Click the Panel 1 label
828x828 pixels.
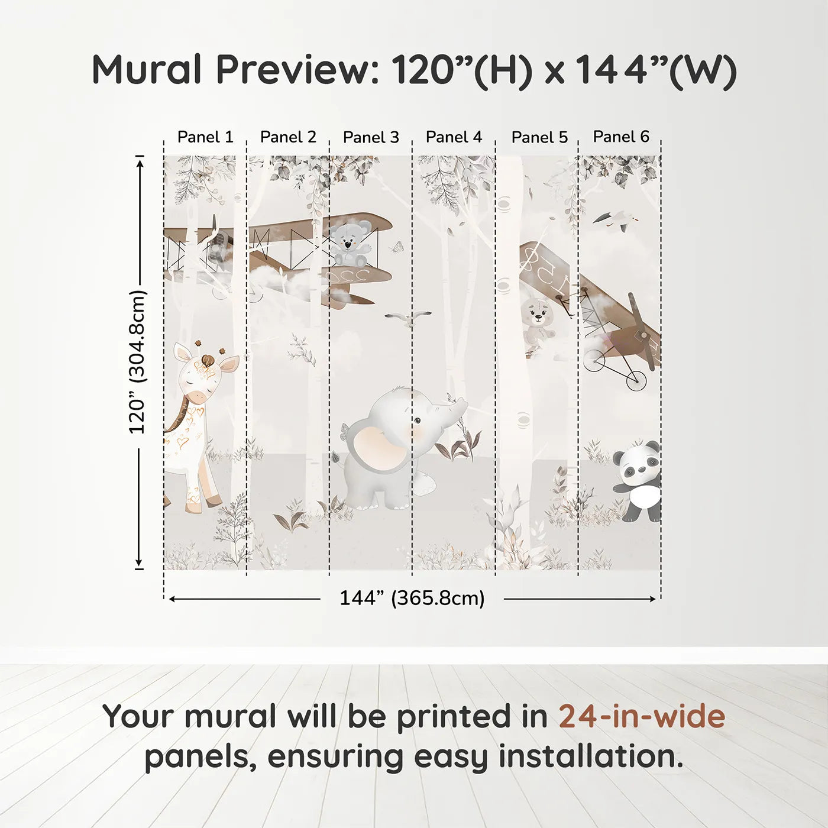click(x=205, y=137)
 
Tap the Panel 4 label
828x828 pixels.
click(x=454, y=137)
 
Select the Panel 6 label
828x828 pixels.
click(x=621, y=137)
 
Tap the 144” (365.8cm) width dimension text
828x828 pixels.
click(x=412, y=599)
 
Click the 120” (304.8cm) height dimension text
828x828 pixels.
click(x=137, y=362)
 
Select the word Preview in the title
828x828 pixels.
click(x=297, y=70)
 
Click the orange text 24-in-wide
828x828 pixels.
click(x=642, y=716)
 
